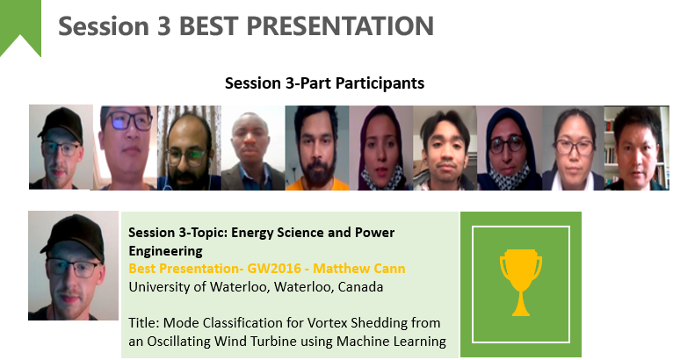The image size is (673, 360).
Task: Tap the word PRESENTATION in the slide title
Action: pos(340,25)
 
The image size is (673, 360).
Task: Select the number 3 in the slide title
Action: pos(164,26)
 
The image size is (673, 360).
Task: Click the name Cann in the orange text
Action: pos(389,269)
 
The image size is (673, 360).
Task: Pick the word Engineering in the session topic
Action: pos(165,250)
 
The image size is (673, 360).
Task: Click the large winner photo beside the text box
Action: pos(74,265)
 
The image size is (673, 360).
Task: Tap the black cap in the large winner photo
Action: pos(74,236)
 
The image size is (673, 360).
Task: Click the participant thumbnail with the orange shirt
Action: pos(317,148)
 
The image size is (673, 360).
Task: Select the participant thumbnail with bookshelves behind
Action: pos(636,148)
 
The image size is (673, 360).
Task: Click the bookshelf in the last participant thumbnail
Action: pos(611,146)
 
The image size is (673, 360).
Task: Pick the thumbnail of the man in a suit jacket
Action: pos(253,148)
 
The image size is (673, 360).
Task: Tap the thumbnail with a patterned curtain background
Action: pos(189,148)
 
